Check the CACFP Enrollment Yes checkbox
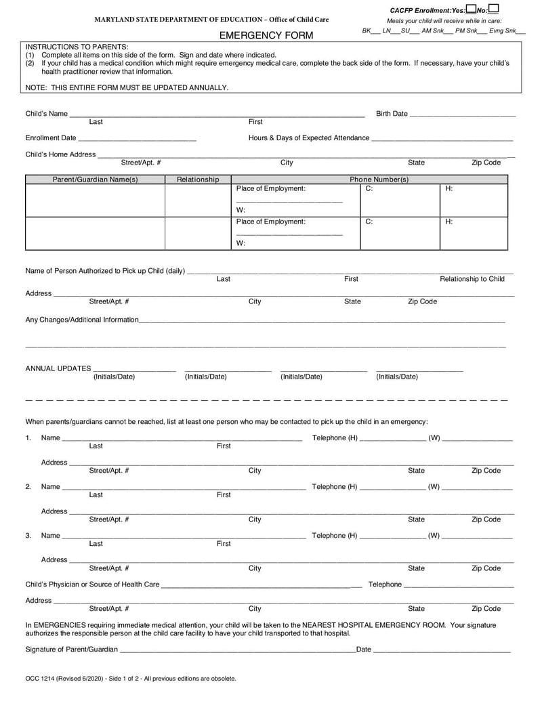click(x=470, y=9)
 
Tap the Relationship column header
click(x=198, y=179)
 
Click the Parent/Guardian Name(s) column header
click(x=96, y=179)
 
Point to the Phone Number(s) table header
click(x=379, y=179)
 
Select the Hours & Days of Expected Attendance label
click(x=309, y=138)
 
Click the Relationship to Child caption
click(x=472, y=279)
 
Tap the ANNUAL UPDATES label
click(x=58, y=368)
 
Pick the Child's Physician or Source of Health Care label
click(x=93, y=585)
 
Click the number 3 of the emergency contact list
click(x=28, y=536)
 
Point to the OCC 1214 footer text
click(x=131, y=678)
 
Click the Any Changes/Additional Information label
click(x=82, y=320)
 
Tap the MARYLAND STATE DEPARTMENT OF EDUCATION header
click(x=211, y=20)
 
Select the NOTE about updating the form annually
click(x=127, y=87)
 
